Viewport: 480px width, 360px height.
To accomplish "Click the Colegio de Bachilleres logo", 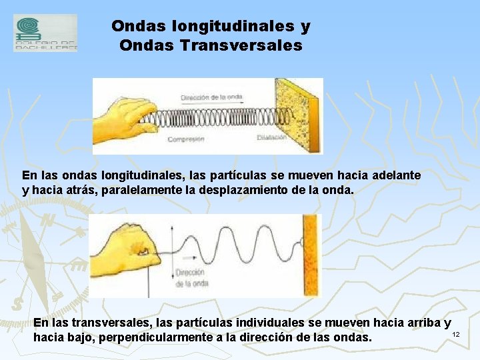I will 45,33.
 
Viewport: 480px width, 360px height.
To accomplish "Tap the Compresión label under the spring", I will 186,139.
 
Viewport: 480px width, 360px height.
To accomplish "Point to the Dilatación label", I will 271,138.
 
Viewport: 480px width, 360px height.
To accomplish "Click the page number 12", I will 456,334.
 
